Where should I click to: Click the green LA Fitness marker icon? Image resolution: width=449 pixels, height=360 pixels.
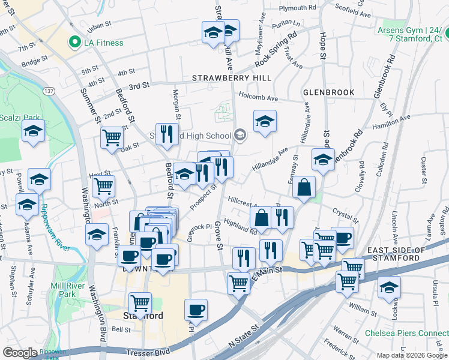(75, 43)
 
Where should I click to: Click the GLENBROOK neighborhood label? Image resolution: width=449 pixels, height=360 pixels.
(328, 92)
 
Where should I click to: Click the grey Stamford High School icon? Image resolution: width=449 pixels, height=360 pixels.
(240, 135)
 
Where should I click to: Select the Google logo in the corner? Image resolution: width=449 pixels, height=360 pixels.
(20, 353)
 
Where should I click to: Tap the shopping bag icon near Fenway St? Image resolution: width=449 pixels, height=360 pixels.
(304, 187)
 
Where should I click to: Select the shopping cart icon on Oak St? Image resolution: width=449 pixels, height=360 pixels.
(112, 138)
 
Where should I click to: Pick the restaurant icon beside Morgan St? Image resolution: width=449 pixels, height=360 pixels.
(167, 134)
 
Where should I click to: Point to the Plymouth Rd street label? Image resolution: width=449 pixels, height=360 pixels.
(292, 8)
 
